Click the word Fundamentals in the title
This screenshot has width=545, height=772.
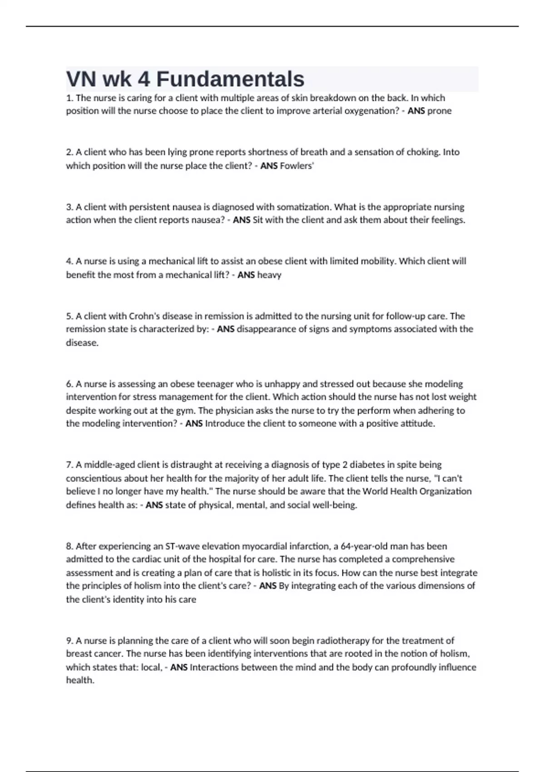coord(230,79)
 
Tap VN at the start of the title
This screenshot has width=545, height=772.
coord(81,79)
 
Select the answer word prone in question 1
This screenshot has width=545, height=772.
coord(439,111)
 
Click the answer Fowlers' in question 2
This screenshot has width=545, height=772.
coord(297,166)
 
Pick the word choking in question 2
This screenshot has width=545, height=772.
coord(424,152)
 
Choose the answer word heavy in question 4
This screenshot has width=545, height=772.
coord(269,275)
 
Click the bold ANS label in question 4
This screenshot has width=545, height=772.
coord(246,275)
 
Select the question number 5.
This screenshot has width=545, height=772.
coord(69,316)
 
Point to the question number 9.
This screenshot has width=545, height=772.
coord(69,641)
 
